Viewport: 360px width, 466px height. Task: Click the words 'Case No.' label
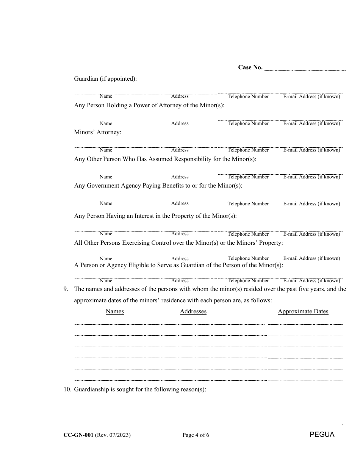(250, 67)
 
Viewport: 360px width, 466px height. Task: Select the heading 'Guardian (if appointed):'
(105, 79)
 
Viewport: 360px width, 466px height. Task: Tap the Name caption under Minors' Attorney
(106, 150)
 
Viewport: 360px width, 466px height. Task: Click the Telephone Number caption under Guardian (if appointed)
(248, 97)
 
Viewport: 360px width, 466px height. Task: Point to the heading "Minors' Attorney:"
(97, 132)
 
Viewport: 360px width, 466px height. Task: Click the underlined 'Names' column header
(114, 311)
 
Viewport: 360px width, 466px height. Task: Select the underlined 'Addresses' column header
(193, 311)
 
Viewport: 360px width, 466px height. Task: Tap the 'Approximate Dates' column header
(303, 311)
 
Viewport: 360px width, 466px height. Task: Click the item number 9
(66, 289)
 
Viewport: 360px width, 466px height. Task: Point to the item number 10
(67, 389)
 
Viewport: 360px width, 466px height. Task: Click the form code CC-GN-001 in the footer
(78, 435)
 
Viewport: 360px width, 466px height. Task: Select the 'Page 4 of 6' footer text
(196, 435)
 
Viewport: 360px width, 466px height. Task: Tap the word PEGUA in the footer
(322, 435)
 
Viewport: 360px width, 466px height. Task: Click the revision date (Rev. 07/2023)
(113, 435)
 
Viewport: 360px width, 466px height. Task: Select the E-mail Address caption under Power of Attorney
(311, 124)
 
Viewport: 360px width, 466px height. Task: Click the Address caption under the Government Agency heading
(180, 203)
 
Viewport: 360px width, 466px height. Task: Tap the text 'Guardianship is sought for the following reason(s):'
(140, 389)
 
